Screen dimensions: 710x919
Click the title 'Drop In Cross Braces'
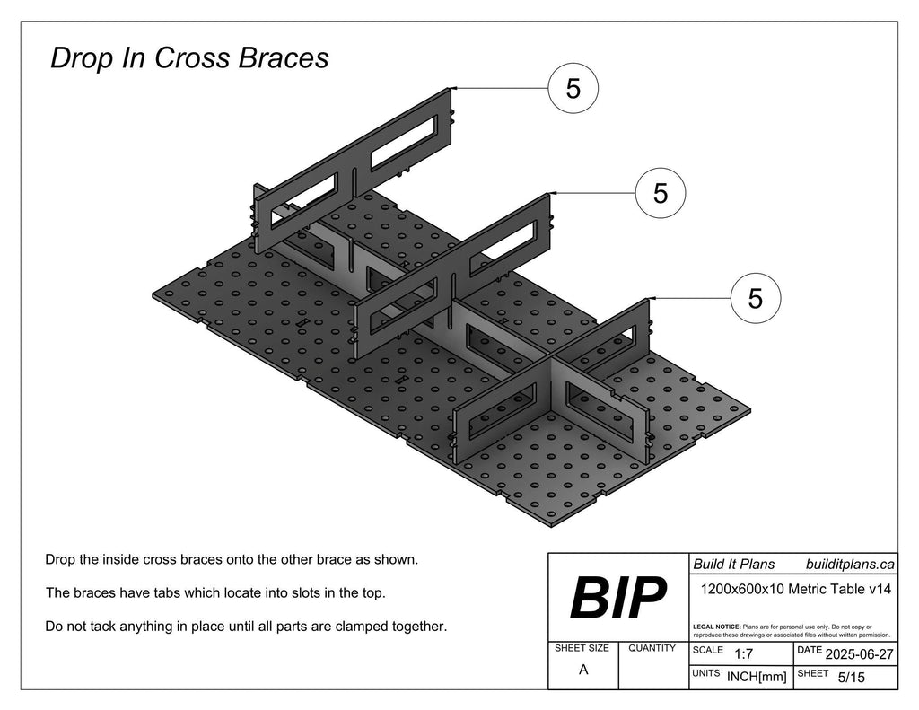189,58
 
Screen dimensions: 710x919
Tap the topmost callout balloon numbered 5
573,88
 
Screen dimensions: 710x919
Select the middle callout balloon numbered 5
661,193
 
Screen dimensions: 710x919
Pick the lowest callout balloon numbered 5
755,297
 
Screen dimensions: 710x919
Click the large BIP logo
617,598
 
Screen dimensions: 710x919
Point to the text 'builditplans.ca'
850,564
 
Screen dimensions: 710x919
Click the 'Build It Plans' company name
734,564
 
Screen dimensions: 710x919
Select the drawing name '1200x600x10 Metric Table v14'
795,590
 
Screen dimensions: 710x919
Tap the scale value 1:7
743,653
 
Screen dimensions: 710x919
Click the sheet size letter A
583,670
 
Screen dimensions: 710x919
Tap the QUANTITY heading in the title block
652,648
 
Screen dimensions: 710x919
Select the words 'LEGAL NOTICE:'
716,626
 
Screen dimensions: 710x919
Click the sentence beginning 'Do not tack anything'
246,626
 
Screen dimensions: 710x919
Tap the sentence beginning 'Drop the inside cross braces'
232,559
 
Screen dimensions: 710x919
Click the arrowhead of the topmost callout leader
454,88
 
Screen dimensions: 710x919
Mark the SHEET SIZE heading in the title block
582,648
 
